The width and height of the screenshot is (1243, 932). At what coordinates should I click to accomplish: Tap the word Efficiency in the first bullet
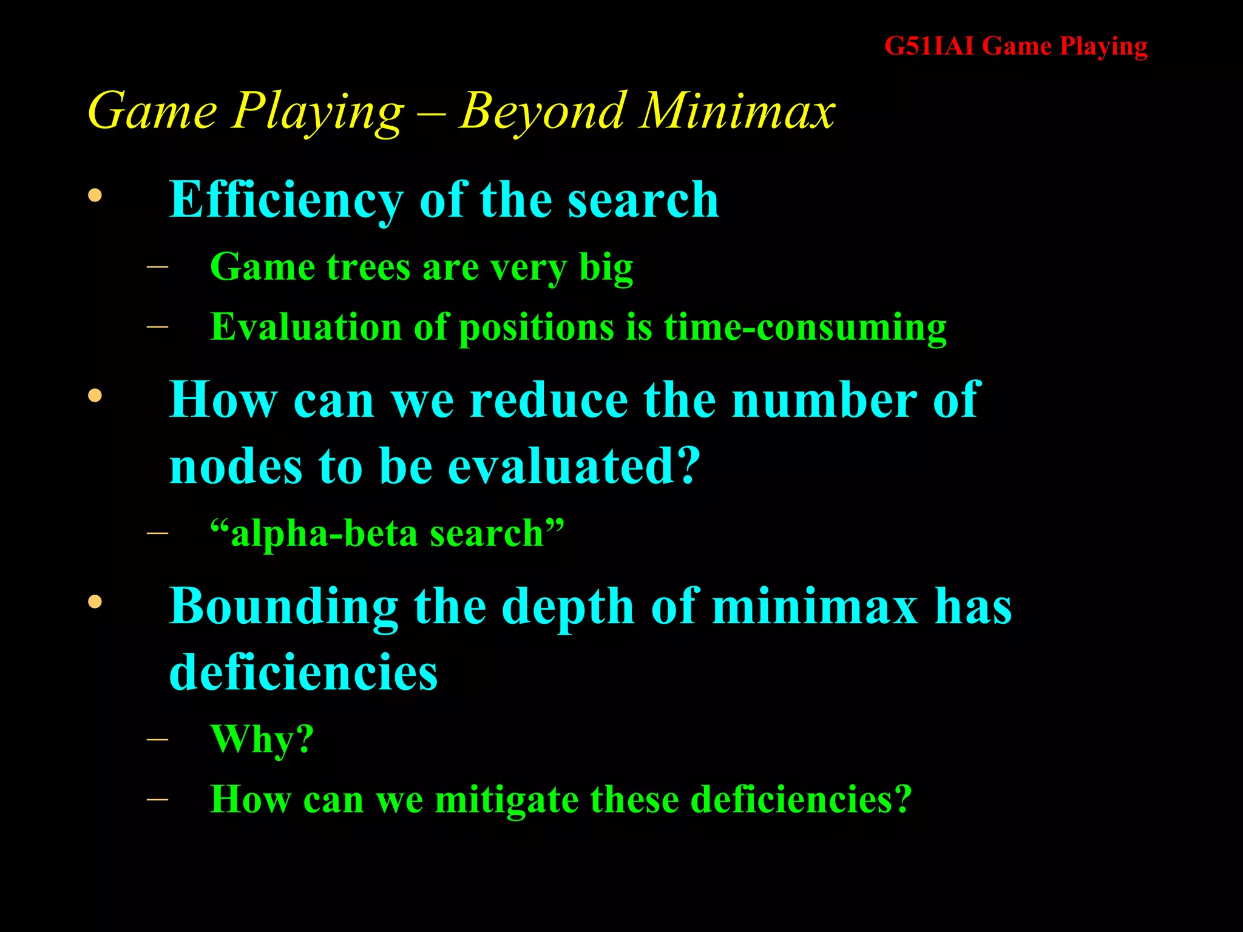tap(286, 200)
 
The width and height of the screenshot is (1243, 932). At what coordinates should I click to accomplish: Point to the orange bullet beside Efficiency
tap(95, 195)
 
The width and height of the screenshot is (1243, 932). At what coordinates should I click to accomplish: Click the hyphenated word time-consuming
tap(805, 328)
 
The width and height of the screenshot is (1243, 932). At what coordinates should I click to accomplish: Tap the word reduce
tap(549, 400)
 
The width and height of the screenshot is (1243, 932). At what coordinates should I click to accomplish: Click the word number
tap(824, 400)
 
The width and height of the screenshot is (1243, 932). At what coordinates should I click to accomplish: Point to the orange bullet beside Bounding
tap(95, 602)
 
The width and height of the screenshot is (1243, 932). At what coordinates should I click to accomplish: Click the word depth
tap(567, 607)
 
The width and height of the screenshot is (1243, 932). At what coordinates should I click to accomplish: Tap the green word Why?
tap(262, 739)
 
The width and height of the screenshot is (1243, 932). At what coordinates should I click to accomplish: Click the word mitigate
tap(506, 800)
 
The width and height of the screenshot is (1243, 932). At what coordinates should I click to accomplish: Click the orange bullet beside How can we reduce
tap(95, 396)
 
